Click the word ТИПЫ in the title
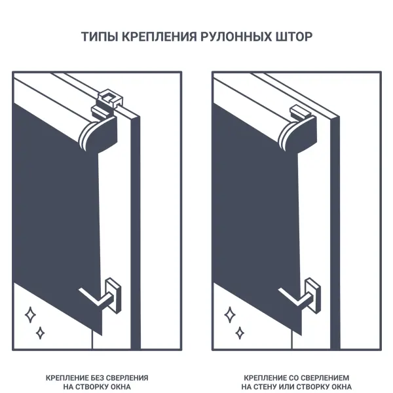pyautogui.click(x=100, y=37)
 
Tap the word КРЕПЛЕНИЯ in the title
pyautogui.click(x=159, y=37)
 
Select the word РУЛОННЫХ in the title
pyautogui.click(x=236, y=37)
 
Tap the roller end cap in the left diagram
pyautogui.click(x=98, y=134)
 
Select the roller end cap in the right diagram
pyautogui.click(x=298, y=134)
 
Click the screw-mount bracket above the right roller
pyautogui.click(x=300, y=112)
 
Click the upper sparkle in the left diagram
pyautogui.click(x=30, y=314)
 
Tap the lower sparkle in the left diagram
pyautogui.click(x=40, y=333)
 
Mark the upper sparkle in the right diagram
pyautogui.click(x=230, y=314)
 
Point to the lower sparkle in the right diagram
pyautogui.click(x=240, y=333)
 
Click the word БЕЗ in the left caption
pyautogui.click(x=97, y=378)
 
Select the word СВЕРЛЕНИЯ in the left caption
pyautogui.click(x=127, y=378)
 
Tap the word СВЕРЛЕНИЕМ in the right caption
pyautogui.click(x=325, y=378)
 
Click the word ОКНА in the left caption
pyautogui.click(x=121, y=386)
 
